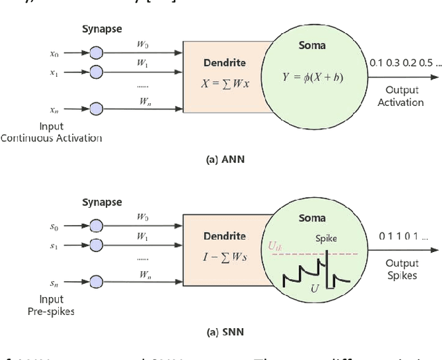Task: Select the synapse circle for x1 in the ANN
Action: click(x=96, y=71)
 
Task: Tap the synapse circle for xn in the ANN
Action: click(x=96, y=109)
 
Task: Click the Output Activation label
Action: click(x=401, y=97)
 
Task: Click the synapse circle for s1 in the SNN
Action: click(x=96, y=244)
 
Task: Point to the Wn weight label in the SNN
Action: click(x=144, y=274)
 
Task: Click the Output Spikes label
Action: click(x=401, y=269)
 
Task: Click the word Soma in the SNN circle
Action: click(x=311, y=218)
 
